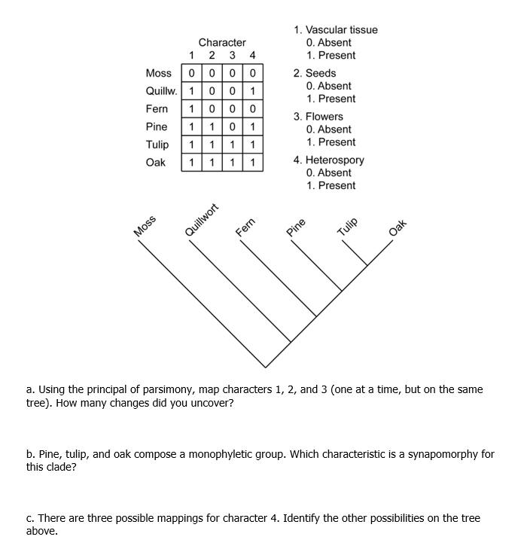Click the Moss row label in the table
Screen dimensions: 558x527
158,73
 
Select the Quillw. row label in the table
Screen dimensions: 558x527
161,91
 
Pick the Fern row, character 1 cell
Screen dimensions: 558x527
193,108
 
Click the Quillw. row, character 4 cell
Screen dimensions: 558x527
253,91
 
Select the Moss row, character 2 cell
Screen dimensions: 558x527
213,73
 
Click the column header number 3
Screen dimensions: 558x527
233,55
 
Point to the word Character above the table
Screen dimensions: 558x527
222,43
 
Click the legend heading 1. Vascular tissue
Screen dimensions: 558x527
336,30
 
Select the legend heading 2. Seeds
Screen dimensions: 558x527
315,73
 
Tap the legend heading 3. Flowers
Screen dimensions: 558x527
318,117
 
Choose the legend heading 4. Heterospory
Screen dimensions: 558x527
329,160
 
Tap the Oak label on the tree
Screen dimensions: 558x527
398,227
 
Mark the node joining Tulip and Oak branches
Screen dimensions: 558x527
367,264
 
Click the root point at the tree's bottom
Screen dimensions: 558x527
264,367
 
